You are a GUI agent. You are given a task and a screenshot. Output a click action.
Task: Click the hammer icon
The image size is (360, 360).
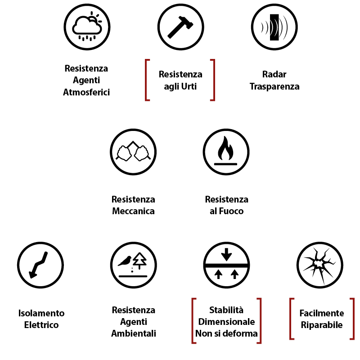point(180,27)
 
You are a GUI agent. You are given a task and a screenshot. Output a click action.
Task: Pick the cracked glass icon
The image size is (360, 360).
point(320,265)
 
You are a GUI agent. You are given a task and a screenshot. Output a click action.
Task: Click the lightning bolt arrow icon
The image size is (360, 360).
point(40,265)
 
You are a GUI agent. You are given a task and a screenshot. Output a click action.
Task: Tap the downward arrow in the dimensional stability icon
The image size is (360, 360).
point(226,255)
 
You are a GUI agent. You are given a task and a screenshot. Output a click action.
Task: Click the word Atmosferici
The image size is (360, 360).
point(86,92)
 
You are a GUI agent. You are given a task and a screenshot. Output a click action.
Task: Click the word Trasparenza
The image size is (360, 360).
point(274,86)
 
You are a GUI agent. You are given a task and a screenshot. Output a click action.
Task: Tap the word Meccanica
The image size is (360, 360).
point(133,211)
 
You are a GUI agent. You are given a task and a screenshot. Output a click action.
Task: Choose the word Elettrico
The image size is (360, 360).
point(41,324)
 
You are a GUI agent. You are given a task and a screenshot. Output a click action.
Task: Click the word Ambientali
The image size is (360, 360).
point(133,333)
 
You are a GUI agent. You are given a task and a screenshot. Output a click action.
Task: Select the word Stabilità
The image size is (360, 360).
point(226,310)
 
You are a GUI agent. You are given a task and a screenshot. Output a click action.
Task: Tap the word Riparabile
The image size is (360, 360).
point(322,324)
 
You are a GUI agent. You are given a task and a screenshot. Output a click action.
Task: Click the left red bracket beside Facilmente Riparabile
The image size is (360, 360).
point(292,319)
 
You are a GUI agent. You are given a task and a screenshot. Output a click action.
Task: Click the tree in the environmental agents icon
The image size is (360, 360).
point(141,260)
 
